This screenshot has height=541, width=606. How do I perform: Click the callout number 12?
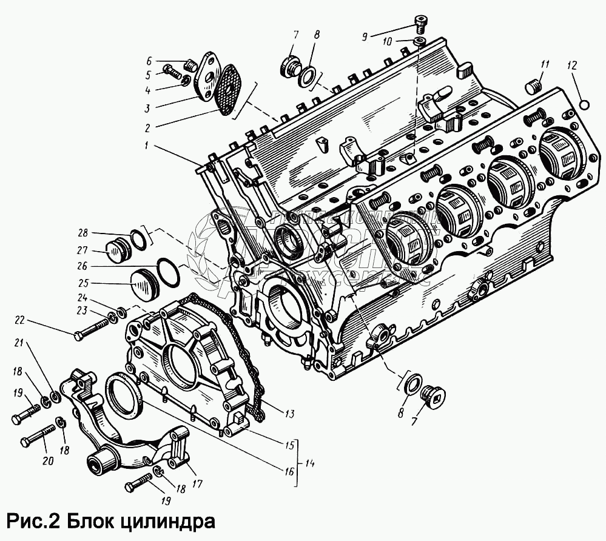click(x=574, y=64)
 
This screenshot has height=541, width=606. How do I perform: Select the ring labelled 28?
click(x=139, y=239)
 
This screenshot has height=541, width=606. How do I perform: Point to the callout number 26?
click(x=83, y=266)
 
